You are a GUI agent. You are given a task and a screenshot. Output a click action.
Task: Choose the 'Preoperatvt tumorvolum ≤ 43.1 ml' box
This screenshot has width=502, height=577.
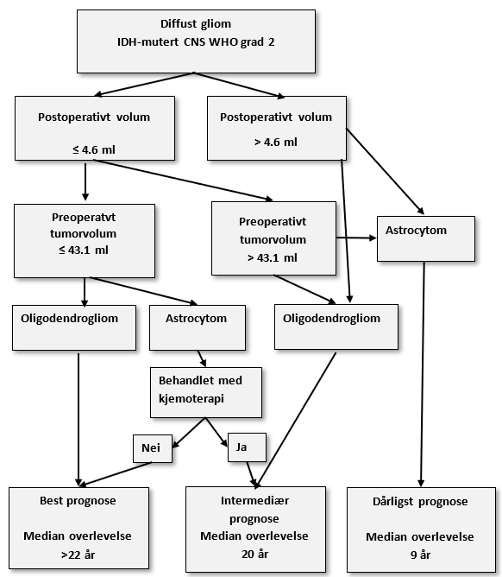(x=85, y=239)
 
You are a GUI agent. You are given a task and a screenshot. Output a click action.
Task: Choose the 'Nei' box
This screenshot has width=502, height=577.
(x=152, y=447)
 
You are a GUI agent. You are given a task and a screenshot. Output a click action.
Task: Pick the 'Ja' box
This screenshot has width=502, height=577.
(x=246, y=447)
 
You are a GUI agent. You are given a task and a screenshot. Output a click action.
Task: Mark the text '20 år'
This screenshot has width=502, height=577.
(x=255, y=553)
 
